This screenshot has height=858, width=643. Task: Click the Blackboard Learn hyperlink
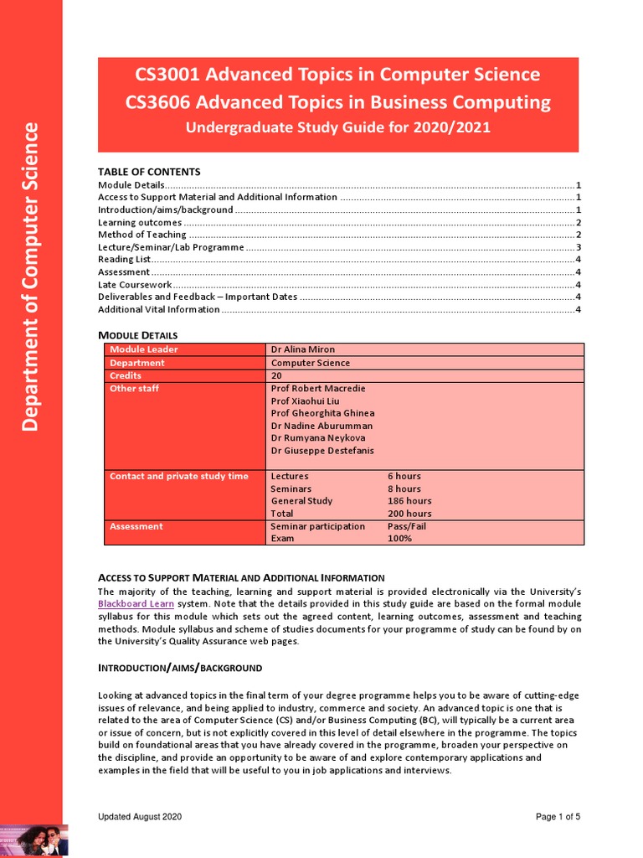(132, 604)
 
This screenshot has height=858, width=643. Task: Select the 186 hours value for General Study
(409, 501)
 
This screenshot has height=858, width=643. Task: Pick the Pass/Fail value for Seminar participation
(407, 526)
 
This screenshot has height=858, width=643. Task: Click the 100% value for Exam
(399, 539)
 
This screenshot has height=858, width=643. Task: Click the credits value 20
(277, 376)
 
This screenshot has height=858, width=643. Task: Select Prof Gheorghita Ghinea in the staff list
(322, 413)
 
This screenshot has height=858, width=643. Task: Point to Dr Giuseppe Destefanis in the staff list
(322, 451)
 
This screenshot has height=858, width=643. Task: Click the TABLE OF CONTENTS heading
(149, 172)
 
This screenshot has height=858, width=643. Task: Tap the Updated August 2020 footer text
(140, 817)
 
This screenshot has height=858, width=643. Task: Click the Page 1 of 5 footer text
(558, 817)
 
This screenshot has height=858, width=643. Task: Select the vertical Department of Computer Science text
(31, 277)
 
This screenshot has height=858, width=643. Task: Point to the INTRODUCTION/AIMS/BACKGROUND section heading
(180, 668)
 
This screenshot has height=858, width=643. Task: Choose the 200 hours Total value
(409, 514)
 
